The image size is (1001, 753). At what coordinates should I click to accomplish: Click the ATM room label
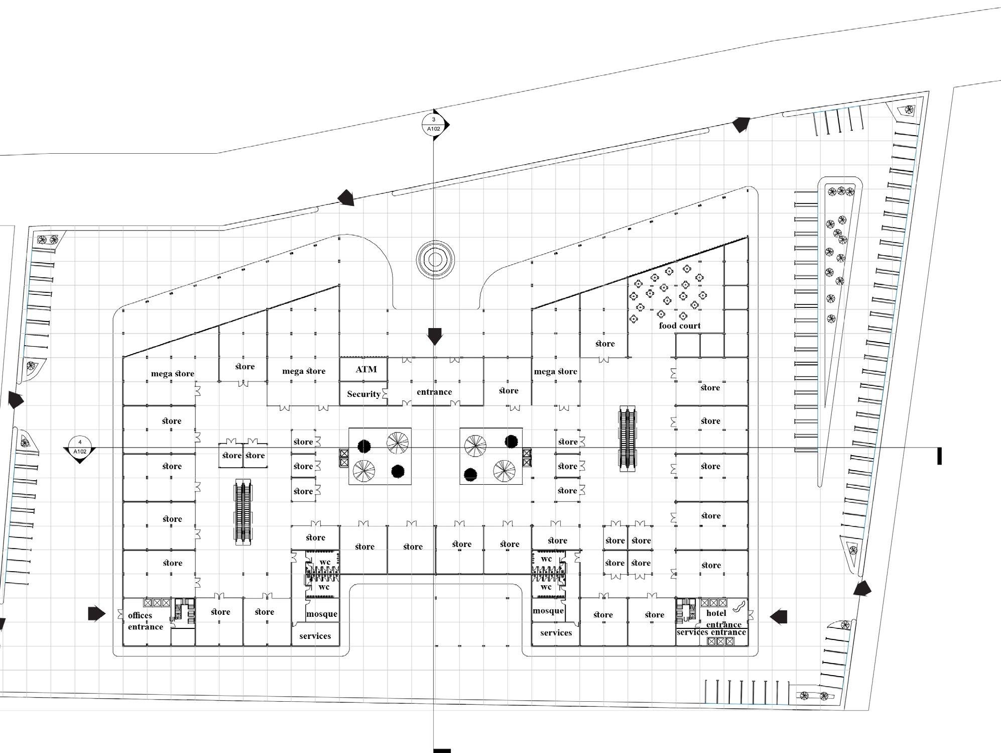pos(366,369)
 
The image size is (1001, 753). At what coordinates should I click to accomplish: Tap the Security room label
pos(363,394)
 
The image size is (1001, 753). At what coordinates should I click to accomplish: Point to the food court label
pos(680,326)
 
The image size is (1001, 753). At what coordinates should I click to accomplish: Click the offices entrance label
pos(145,621)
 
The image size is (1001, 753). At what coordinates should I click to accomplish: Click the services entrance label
pos(711,632)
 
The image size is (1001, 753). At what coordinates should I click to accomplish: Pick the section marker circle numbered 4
pos(80,447)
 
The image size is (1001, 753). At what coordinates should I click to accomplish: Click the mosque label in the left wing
pos(322,614)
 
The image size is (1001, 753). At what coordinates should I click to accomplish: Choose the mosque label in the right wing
pos(548,611)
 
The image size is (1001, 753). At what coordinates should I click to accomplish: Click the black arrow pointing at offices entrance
pos(97,613)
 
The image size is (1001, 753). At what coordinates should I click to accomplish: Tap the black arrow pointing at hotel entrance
pos(778,616)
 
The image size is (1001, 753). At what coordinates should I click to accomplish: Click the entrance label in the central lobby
pos(434,392)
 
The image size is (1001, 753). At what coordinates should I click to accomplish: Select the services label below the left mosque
pos(315,636)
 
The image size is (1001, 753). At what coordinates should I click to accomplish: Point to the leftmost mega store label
pos(173,374)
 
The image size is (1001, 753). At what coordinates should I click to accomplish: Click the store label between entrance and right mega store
pos(509,390)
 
